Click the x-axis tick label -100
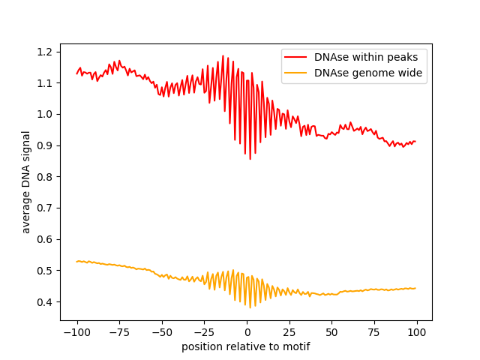pyautogui.click(x=76, y=332)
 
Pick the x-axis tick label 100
pyautogui.click(x=417, y=332)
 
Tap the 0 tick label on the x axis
pyautogui.click(x=247, y=332)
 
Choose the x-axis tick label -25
pyautogui.click(x=204, y=332)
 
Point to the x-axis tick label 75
pyautogui.click(x=374, y=332)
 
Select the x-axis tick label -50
pyautogui.click(x=161, y=332)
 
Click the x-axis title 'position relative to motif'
pyautogui.click(x=246, y=346)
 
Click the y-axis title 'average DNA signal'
pyautogui.click(x=26, y=181)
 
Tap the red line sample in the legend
pyautogui.click(x=296, y=57)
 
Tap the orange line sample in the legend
pyautogui.click(x=296, y=73)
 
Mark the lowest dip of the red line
pyautogui.click(x=250, y=158)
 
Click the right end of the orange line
pyautogui.click(x=415, y=288)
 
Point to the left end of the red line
pyautogui.click(x=77, y=73)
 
